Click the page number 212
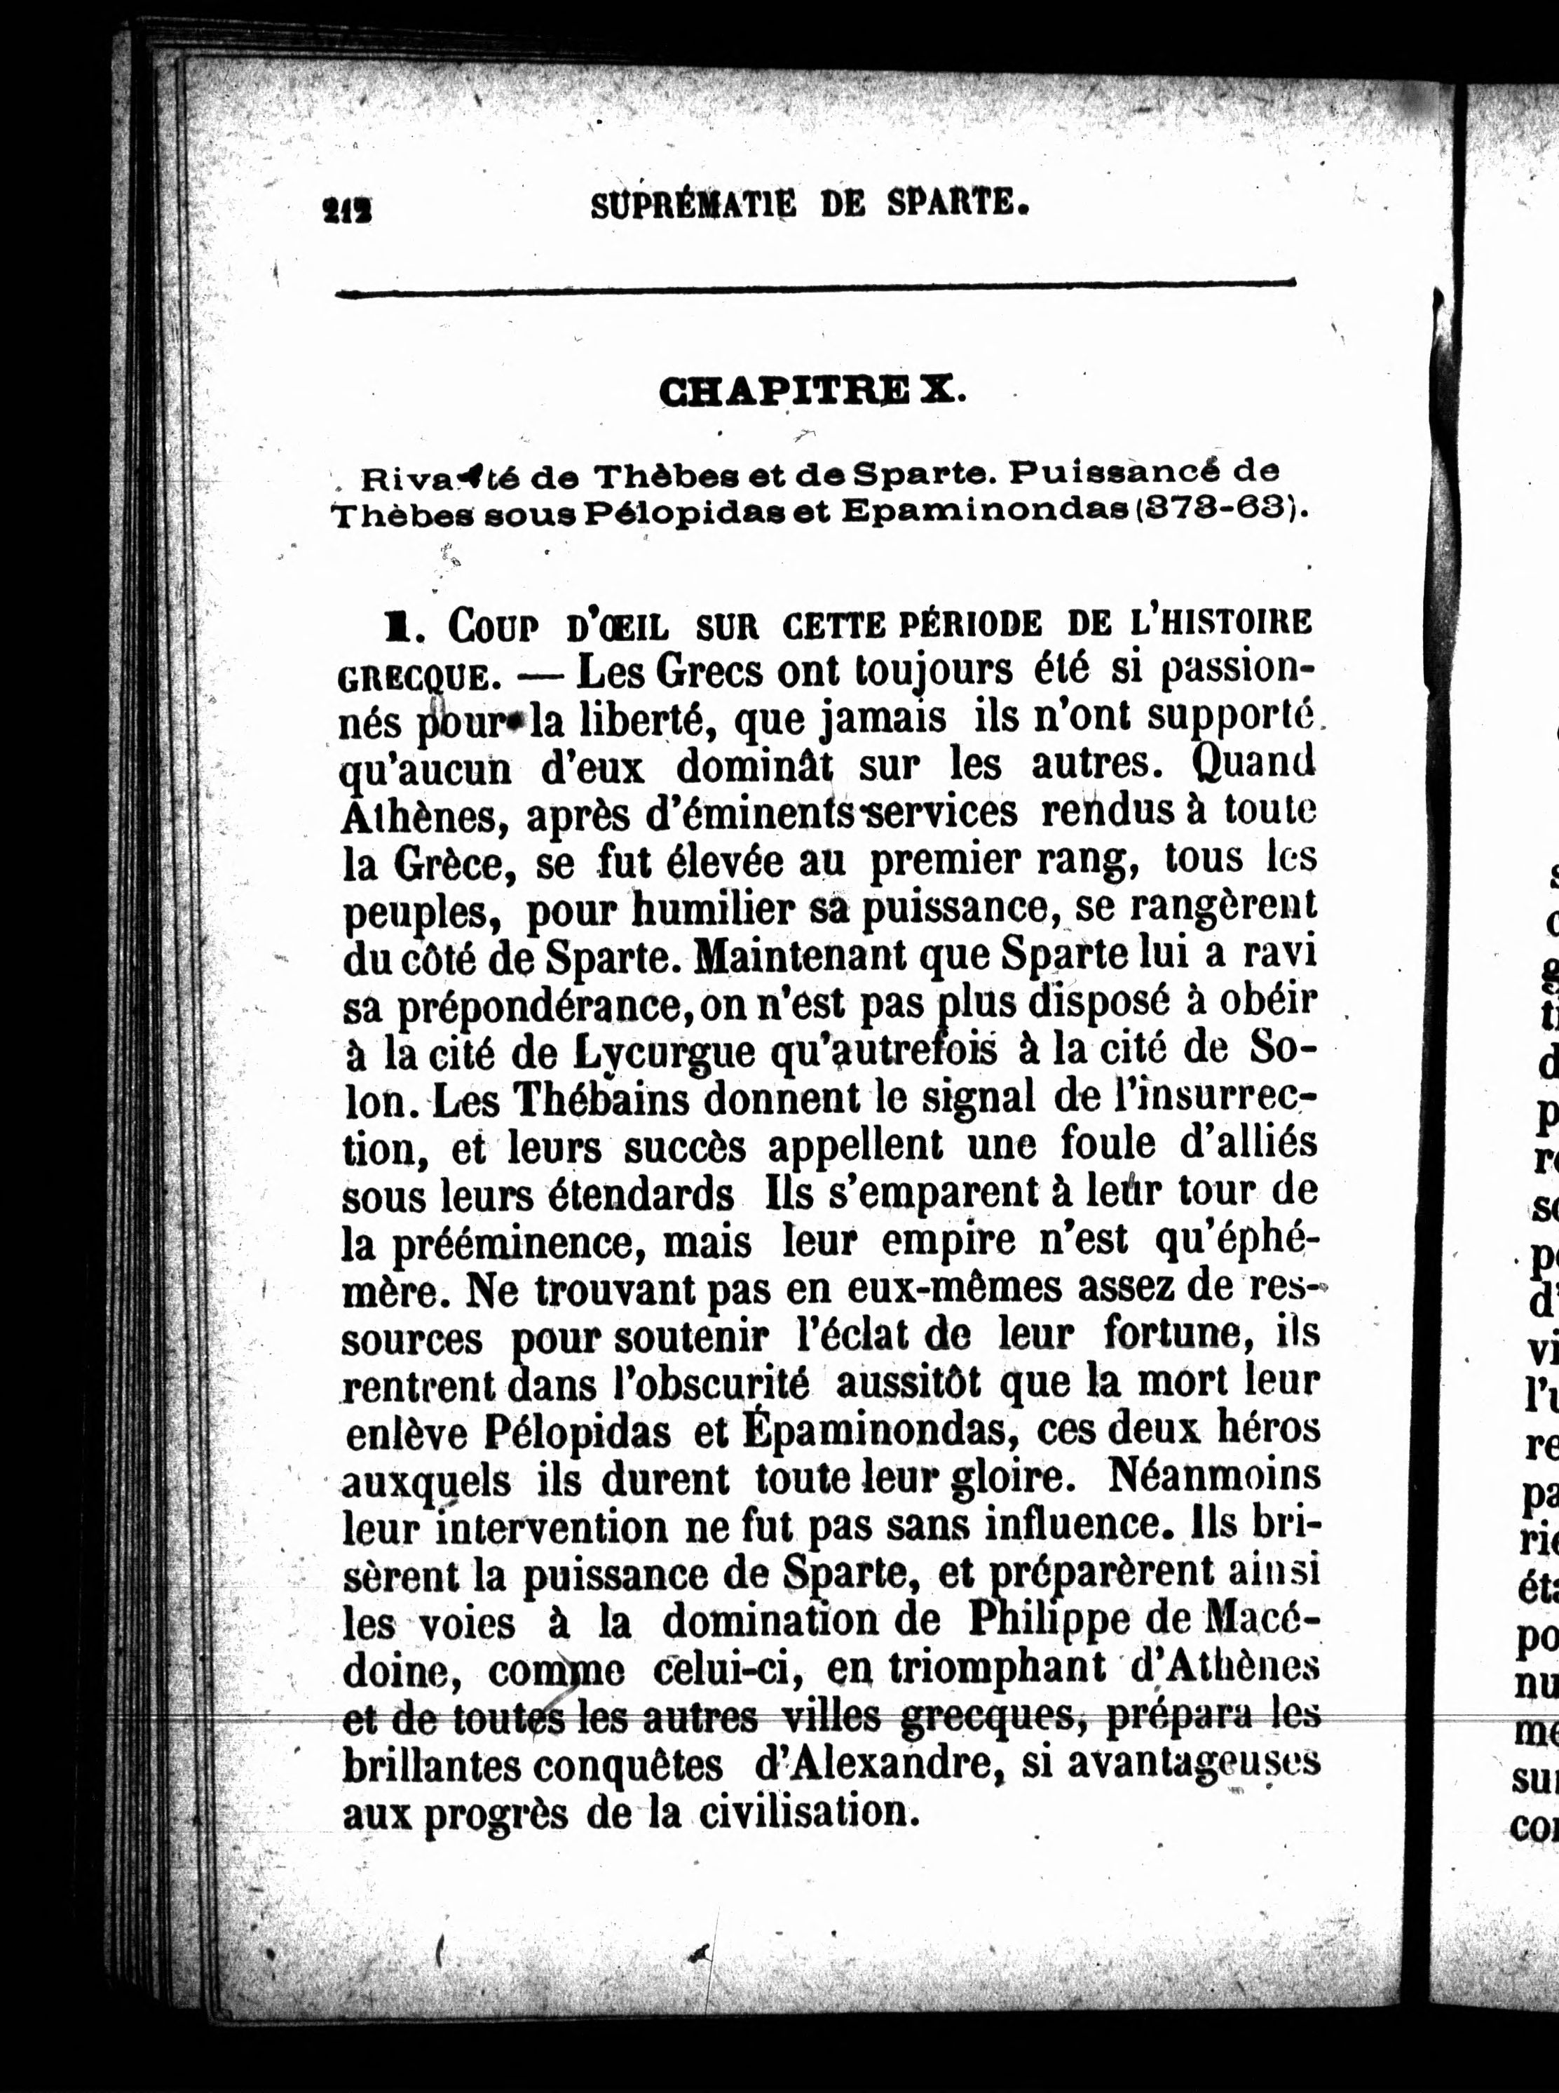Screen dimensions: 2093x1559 coord(346,208)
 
